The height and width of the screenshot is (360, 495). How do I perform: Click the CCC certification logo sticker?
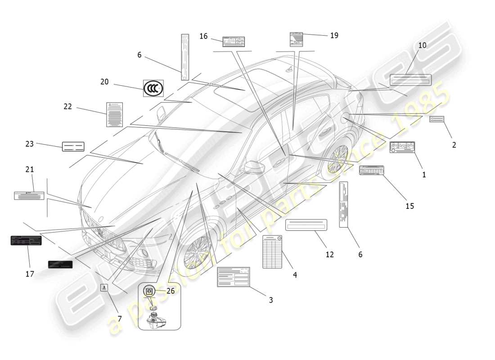pos(153,89)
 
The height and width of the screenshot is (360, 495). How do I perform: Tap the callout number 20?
pos(104,82)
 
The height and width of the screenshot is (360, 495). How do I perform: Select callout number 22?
pos(68,107)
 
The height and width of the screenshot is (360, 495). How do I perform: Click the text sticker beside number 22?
pos(114,114)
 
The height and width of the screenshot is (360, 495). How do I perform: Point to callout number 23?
pos(29,144)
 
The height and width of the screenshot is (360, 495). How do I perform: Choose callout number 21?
pos(30,170)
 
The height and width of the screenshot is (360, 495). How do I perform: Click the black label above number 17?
pos(26,240)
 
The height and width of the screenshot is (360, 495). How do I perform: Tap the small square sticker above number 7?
pos(104,288)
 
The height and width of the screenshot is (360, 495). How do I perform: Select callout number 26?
pos(170,291)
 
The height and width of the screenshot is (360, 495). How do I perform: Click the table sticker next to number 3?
pos(233,276)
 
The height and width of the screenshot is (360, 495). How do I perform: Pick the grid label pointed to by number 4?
pos(272,252)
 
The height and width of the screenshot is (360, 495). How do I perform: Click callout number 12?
pos(330,254)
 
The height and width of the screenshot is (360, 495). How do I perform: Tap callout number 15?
pos(409,206)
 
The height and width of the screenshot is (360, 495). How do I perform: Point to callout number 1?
pos(424,175)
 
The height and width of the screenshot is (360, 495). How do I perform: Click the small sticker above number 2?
pos(436,119)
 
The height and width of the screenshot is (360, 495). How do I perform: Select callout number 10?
pos(422,45)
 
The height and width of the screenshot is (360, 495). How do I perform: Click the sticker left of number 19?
pos(296,39)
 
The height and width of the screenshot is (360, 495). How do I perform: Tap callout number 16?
pos(203,36)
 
